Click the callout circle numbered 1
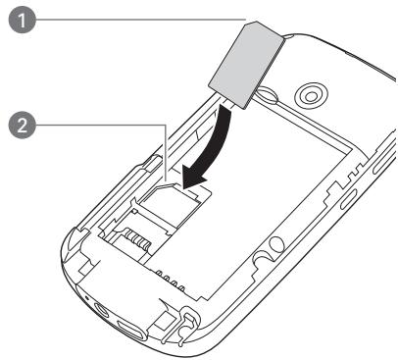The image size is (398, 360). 16,21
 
